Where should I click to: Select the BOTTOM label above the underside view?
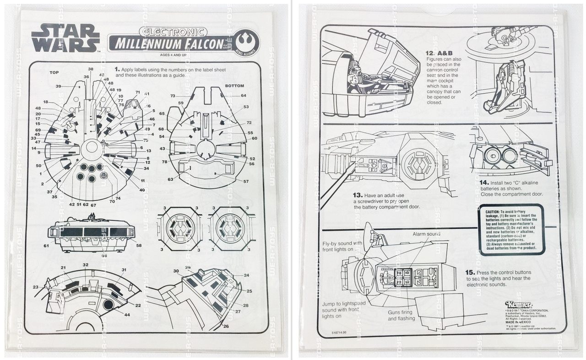pyautogui.click(x=234, y=86)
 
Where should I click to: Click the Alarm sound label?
pyautogui.click(x=427, y=234)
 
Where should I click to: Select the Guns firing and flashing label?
pyautogui.click(x=402, y=315)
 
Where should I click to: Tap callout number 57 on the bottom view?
pyautogui.click(x=245, y=182)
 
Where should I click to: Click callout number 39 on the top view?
pyautogui.click(x=59, y=86)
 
